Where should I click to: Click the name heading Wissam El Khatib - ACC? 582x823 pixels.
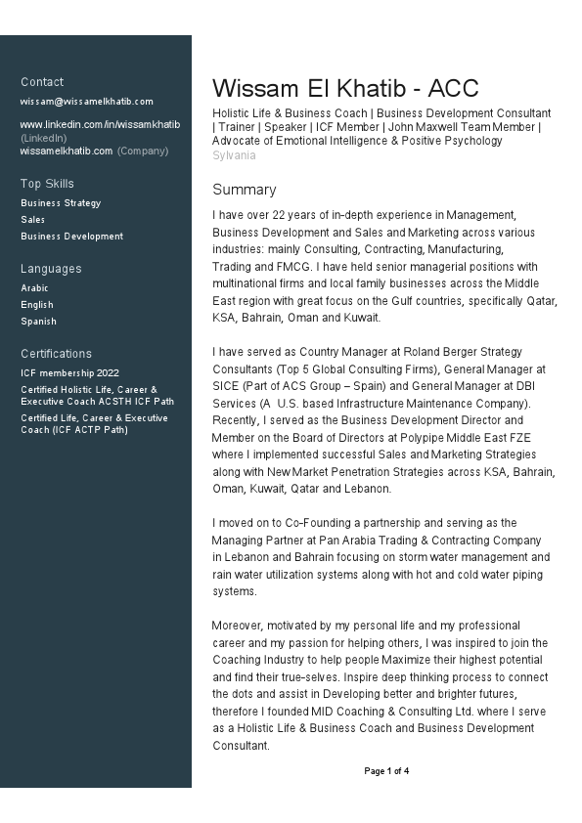[x=345, y=88]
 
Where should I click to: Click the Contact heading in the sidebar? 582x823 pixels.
[x=42, y=82]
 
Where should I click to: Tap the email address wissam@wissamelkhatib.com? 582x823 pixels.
[x=87, y=102]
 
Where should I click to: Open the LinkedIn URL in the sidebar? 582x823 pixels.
[x=100, y=125]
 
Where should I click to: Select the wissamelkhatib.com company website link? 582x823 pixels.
[x=67, y=152]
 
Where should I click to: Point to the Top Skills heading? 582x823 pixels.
[x=47, y=184]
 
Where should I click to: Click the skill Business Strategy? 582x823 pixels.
[x=61, y=203]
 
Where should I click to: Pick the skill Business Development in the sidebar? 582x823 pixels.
[x=71, y=237]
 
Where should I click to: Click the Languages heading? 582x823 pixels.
[x=51, y=269]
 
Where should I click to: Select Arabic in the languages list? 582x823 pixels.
[x=34, y=288]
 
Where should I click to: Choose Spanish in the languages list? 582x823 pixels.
[x=38, y=322]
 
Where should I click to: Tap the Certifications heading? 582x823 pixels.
[x=56, y=354]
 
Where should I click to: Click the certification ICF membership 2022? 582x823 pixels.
[x=69, y=373]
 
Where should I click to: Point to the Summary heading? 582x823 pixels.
[x=245, y=190]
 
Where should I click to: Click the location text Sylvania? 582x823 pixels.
[x=235, y=155]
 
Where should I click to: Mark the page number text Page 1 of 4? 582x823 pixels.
[x=386, y=771]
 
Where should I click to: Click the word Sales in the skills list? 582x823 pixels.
[x=32, y=220]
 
